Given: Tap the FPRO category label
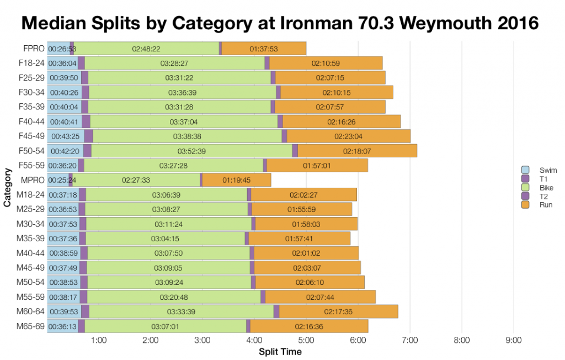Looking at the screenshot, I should click(x=34, y=49).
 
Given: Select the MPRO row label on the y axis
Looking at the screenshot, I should click(x=33, y=179).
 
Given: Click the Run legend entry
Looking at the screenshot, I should click(x=545, y=205).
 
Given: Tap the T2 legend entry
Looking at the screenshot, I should click(x=543, y=197).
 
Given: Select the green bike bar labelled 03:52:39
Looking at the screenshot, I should click(x=191, y=151).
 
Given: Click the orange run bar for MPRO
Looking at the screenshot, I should click(x=236, y=180).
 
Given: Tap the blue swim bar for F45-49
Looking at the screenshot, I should click(x=65, y=136).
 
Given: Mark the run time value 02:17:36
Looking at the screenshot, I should click(x=338, y=312).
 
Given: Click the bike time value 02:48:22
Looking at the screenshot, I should click(x=146, y=49).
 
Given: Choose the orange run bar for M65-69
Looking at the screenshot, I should click(x=309, y=326).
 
